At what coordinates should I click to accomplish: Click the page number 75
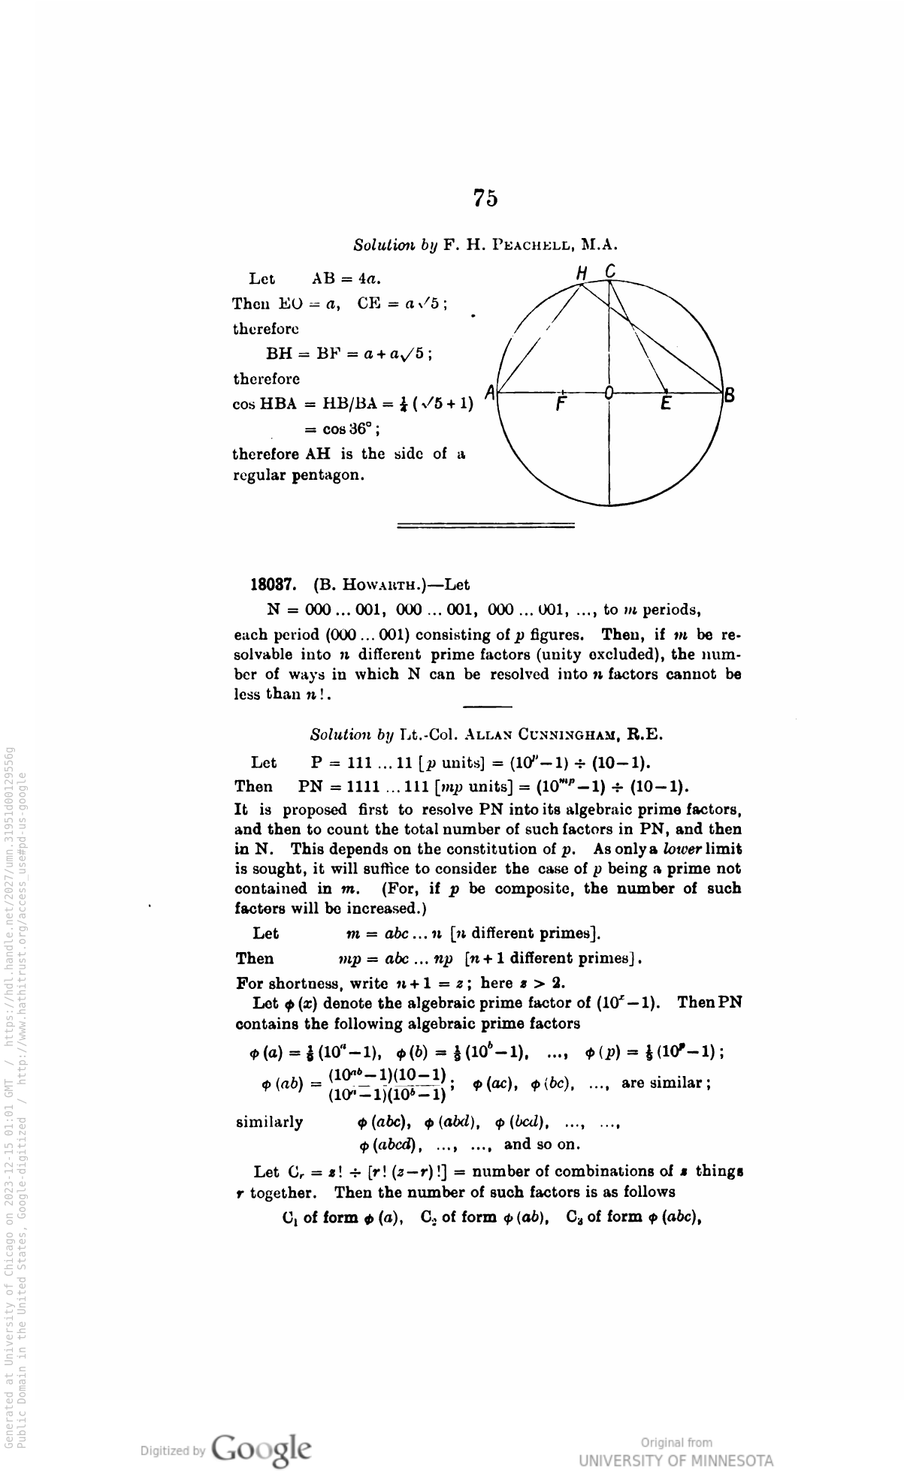(485, 197)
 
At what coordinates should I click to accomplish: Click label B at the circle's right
(728, 394)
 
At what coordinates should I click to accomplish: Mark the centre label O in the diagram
(609, 391)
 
